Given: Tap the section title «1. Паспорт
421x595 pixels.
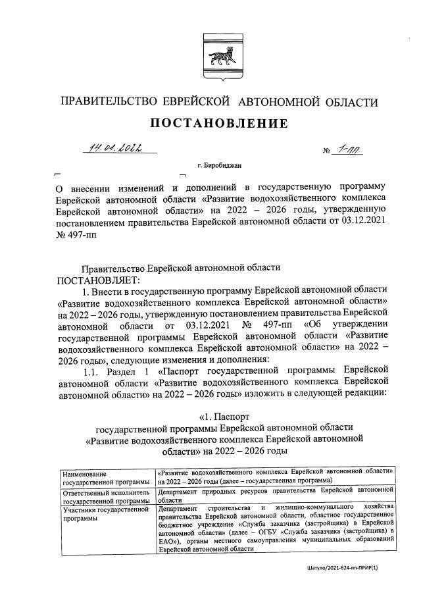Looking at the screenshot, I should (224, 416).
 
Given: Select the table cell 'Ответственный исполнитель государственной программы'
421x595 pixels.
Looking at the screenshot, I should (105, 496).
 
